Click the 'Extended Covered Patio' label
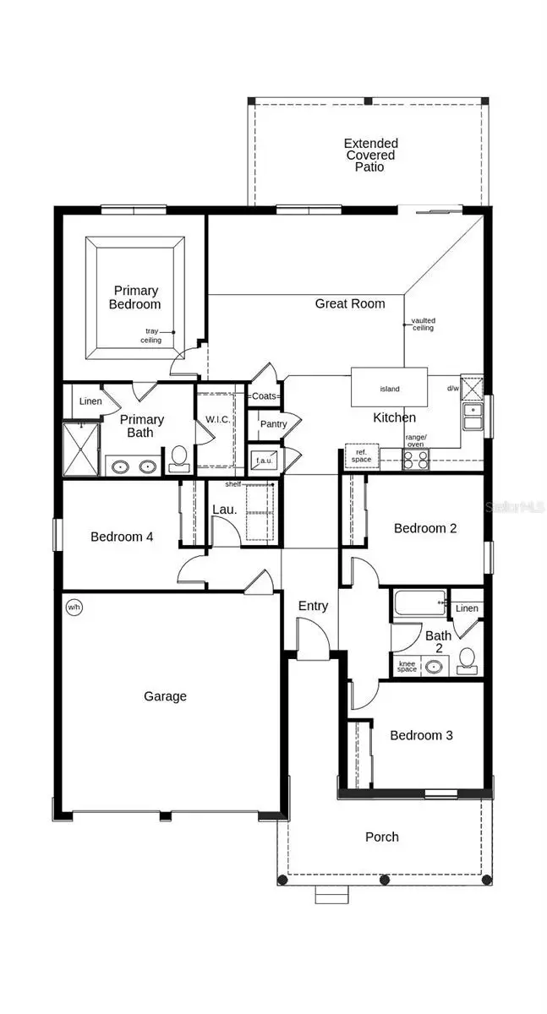pyautogui.click(x=370, y=155)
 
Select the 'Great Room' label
pyautogui.click(x=349, y=303)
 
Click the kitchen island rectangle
pyautogui.click(x=389, y=389)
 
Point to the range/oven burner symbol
pyautogui.click(x=415, y=460)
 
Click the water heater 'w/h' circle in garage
pyautogui.click(x=74, y=607)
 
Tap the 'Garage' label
pyautogui.click(x=165, y=696)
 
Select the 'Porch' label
pyautogui.click(x=381, y=837)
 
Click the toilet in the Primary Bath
pyautogui.click(x=178, y=458)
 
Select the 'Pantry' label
pyautogui.click(x=272, y=424)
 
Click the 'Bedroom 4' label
pyautogui.click(x=122, y=536)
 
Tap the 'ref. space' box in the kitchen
pyautogui.click(x=363, y=455)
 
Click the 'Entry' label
pyautogui.click(x=313, y=606)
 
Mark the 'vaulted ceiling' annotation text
pyautogui.click(x=423, y=324)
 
